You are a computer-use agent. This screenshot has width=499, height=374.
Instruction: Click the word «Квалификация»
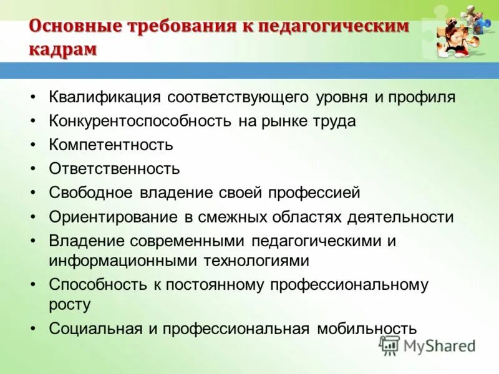pyautogui.click(x=105, y=97)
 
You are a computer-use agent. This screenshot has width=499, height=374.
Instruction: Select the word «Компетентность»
pyautogui.click(x=111, y=145)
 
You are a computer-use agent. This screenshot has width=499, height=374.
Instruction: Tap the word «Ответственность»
pyautogui.click(x=114, y=168)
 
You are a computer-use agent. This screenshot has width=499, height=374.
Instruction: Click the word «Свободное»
pyautogui.click(x=90, y=193)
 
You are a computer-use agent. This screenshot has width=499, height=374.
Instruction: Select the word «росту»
pyautogui.click(x=70, y=305)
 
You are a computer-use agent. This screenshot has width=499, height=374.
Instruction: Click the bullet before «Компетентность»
pyautogui.click(x=33, y=145)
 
